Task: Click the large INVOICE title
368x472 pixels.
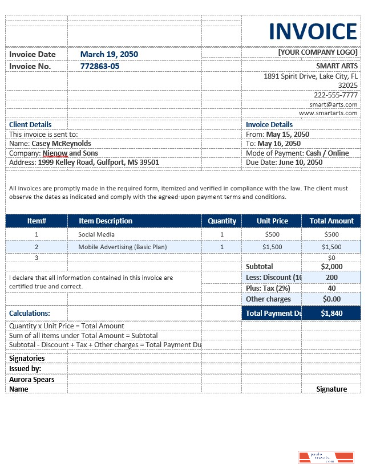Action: (x=313, y=32)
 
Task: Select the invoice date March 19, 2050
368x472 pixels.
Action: (x=109, y=54)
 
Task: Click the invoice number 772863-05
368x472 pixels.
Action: (x=100, y=66)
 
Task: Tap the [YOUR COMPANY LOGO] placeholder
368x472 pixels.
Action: (x=318, y=52)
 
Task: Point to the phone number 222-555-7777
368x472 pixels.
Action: (x=335, y=95)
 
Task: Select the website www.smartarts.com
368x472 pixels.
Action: (x=328, y=113)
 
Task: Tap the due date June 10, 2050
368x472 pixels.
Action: (x=300, y=162)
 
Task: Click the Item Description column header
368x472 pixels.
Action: (x=106, y=221)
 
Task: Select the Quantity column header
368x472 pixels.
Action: (x=222, y=221)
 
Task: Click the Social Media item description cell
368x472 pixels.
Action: (x=96, y=234)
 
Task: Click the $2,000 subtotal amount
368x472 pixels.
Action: (x=331, y=266)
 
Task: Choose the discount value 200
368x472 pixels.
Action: (x=331, y=277)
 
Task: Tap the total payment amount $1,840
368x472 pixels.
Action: (x=331, y=313)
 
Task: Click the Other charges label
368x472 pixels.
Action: (x=268, y=299)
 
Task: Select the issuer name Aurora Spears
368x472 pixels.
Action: (x=32, y=379)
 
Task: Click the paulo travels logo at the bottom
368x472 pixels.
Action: (x=326, y=457)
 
